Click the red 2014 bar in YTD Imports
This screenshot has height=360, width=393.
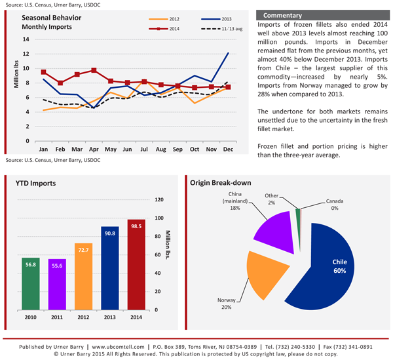(x=136, y=265)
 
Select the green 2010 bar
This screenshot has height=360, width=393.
(x=31, y=284)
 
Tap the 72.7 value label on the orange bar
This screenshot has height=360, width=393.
(x=83, y=250)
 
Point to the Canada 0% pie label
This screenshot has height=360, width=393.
(x=335, y=205)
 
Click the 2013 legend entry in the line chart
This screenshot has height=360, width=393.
(x=216, y=19)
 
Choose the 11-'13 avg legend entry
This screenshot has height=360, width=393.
(x=221, y=29)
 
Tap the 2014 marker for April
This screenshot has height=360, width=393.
(x=94, y=70)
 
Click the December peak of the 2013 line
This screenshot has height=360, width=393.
(x=228, y=53)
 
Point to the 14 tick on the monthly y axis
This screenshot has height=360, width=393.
(x=26, y=39)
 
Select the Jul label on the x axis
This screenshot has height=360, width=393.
(x=144, y=150)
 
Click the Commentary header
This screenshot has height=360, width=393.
(x=282, y=15)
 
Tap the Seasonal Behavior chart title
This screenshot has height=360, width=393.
(x=51, y=18)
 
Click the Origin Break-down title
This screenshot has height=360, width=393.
(x=221, y=183)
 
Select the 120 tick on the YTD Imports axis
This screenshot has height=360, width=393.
(x=159, y=200)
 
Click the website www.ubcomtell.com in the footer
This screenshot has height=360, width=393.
(x=118, y=347)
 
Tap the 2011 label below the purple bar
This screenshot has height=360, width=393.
(x=57, y=317)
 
